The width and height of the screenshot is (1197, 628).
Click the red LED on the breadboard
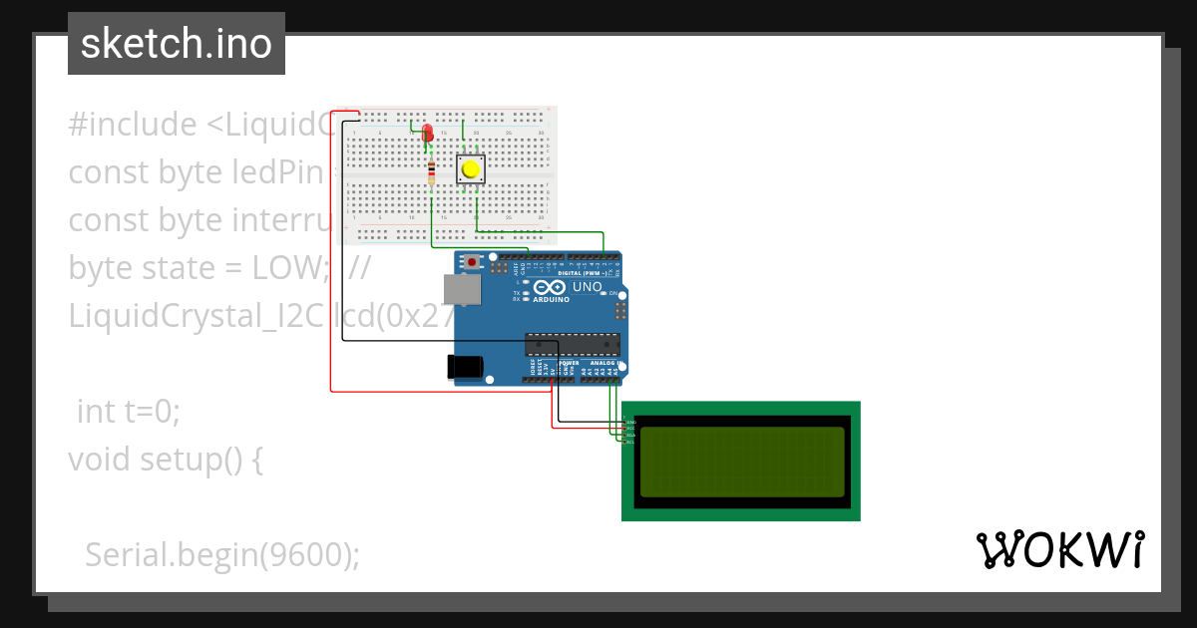[427, 133]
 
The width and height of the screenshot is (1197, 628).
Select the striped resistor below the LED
[430, 173]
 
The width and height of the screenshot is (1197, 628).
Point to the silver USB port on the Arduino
[462, 289]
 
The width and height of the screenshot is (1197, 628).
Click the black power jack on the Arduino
[467, 367]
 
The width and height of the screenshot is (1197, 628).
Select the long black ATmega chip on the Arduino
[574, 344]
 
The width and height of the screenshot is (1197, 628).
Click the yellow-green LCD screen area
[741, 461]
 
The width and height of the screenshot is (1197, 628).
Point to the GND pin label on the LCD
[630, 423]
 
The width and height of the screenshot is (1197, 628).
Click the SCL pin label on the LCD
[630, 441]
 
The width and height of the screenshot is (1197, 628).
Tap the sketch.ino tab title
[176, 44]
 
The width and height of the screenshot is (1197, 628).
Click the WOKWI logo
[1059, 549]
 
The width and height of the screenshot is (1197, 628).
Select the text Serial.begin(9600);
[221, 555]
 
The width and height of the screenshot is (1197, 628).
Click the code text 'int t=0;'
[129, 411]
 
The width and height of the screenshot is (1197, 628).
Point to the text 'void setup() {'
[165, 460]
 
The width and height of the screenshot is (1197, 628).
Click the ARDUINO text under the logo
[552, 299]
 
